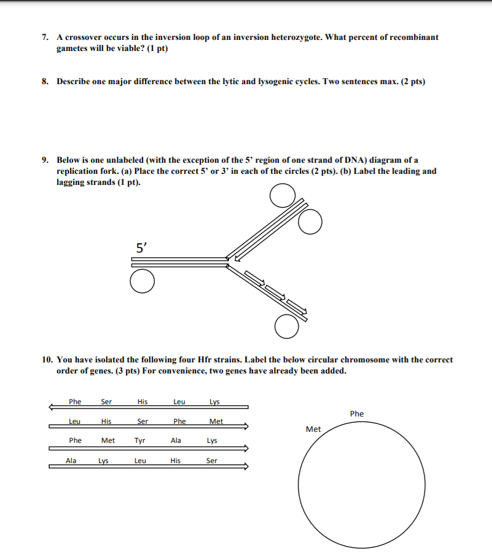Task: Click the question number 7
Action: [45, 37]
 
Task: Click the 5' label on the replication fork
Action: [141, 248]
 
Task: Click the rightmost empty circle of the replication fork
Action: [310, 222]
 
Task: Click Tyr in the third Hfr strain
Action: [140, 440]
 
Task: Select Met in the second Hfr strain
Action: [216, 421]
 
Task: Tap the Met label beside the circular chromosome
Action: [313, 429]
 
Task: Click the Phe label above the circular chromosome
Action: [357, 414]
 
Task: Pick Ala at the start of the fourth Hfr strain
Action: [71, 460]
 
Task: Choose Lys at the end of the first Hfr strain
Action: [214, 402]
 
